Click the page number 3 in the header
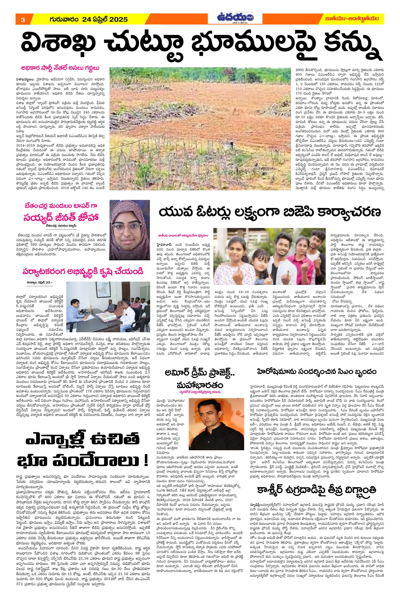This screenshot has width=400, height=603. pos(23,20)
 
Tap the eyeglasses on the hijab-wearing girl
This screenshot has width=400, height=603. pos(126,227)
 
